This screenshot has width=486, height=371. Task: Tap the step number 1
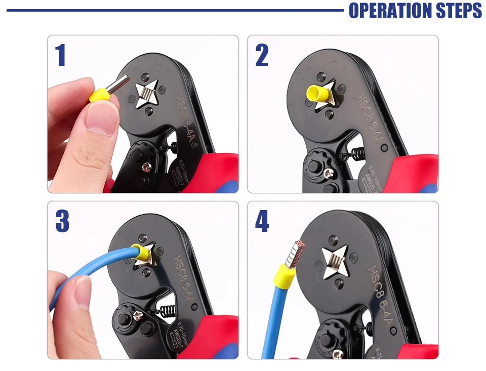[x=61, y=55]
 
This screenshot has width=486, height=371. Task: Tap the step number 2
[x=262, y=55]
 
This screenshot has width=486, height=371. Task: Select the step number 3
[x=62, y=221]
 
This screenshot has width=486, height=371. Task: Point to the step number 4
[x=262, y=221]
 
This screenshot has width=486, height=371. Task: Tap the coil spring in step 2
[x=358, y=152]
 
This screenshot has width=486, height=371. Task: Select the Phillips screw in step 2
[x=328, y=173]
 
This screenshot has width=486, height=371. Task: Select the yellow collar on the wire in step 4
[x=285, y=276]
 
